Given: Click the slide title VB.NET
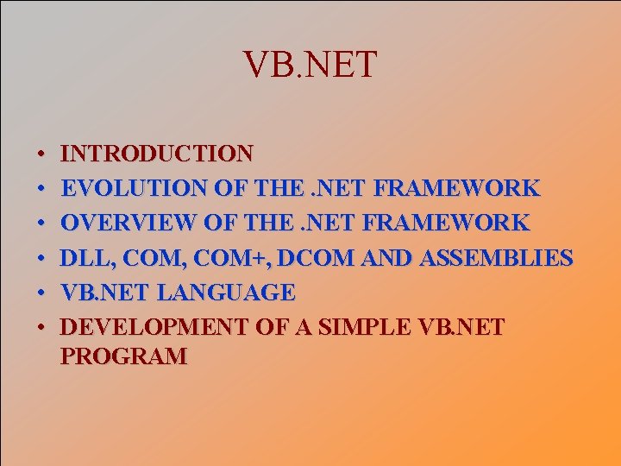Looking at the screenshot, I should click(x=310, y=65).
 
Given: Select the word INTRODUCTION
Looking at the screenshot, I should click(x=158, y=154).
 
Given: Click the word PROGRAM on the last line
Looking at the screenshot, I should click(x=124, y=356).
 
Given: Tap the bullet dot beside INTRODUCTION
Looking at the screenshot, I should click(x=41, y=155).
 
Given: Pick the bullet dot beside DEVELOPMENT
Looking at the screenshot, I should click(x=41, y=329).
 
